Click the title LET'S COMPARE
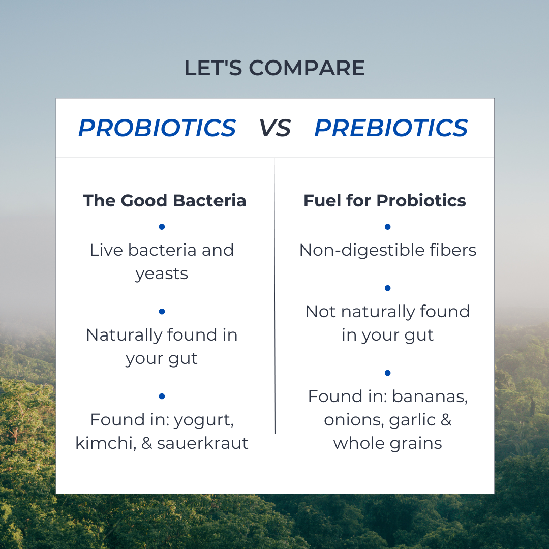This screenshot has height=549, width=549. (x=274, y=68)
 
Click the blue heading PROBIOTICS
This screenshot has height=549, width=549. (x=157, y=128)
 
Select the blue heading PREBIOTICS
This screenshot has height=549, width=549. (x=391, y=128)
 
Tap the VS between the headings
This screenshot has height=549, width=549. (x=274, y=128)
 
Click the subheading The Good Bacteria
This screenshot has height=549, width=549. (x=164, y=201)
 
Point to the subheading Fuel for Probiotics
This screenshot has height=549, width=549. (x=384, y=201)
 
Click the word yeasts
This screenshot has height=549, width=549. (x=162, y=274)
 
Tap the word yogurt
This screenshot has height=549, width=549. (x=203, y=420)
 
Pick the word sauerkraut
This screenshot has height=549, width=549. (x=202, y=443)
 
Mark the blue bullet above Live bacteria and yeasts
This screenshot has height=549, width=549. (x=162, y=227)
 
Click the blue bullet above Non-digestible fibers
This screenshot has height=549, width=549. (x=387, y=227)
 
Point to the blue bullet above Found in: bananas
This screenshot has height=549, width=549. (x=387, y=373)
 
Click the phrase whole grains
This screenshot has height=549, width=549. (x=387, y=443)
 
